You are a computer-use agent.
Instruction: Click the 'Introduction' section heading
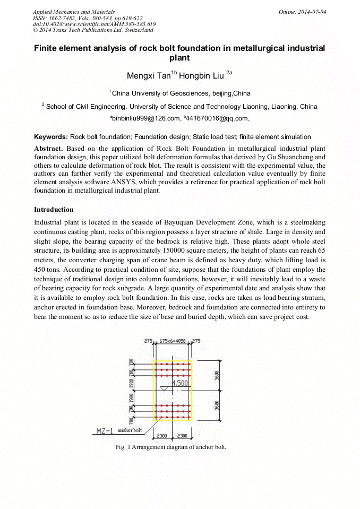click(54, 210)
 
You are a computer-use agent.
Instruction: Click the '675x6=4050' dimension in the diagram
click(172, 342)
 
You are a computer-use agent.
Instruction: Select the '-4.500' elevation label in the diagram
click(177, 383)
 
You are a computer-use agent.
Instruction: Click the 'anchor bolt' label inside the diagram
click(130, 430)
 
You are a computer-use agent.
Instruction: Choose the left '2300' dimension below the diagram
click(162, 436)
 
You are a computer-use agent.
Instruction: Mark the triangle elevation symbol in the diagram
click(164, 389)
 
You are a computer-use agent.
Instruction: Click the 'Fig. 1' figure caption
click(170, 447)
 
